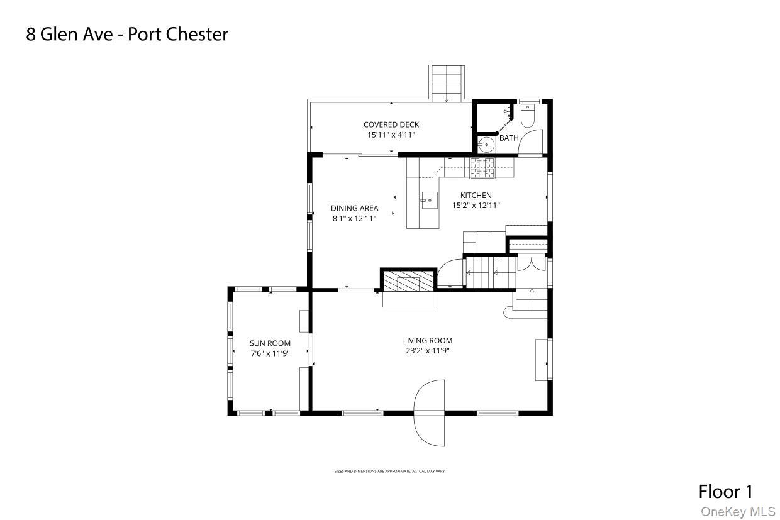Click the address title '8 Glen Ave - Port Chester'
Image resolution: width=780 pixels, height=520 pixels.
126,34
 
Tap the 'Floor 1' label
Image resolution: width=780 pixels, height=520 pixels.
725,491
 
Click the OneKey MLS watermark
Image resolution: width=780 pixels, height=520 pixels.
738,512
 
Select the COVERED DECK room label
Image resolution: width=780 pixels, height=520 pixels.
391,124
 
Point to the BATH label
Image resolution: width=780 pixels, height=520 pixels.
509,138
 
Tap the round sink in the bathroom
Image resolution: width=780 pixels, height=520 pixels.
486,145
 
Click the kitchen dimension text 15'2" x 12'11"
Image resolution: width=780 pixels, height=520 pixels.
476,205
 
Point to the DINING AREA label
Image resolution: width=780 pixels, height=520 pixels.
354,208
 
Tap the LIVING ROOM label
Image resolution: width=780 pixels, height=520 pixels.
428,341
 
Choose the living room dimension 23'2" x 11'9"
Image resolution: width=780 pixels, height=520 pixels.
428,351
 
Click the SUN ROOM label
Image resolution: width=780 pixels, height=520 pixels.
270,343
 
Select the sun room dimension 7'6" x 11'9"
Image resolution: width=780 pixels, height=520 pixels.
270,353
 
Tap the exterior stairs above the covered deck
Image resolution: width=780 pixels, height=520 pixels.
447,82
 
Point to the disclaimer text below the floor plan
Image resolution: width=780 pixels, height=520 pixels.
389,471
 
